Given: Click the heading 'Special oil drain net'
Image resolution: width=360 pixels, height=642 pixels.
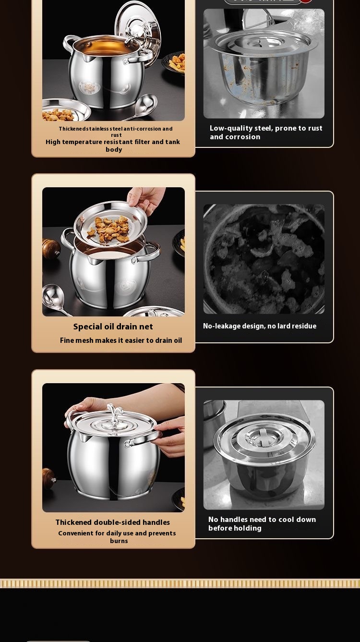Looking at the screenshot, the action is pos(113,327).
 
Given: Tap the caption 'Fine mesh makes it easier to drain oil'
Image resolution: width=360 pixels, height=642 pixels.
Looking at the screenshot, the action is pos(121,340).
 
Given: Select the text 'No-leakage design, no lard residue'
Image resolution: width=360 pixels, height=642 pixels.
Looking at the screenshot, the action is pos(260,326).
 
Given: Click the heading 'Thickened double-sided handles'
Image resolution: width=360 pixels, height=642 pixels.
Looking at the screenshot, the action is pos(112,522).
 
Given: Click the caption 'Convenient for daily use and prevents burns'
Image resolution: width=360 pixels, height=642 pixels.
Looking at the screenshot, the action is pos(117,537).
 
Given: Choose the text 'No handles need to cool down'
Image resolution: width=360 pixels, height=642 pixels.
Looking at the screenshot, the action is pos(262,520).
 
